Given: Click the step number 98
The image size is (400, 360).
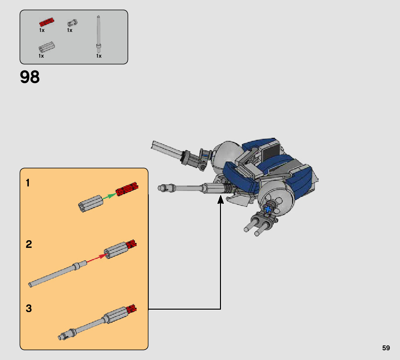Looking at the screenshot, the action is click(30, 77).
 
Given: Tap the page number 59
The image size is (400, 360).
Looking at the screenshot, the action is click(386, 348).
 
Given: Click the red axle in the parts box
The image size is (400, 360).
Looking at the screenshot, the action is click(47, 22).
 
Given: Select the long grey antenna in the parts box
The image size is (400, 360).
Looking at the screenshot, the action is click(98, 34).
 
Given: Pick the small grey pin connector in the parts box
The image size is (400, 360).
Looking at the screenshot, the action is click(72, 23).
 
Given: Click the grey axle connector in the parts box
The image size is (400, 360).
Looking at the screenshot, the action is click(47, 47).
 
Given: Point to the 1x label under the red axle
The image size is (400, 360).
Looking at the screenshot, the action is click(42, 30).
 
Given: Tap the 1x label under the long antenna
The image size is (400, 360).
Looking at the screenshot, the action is click(99, 56).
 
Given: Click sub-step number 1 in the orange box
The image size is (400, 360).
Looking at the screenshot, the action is click(28, 183).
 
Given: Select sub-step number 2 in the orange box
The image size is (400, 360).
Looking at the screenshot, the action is click(29, 244).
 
